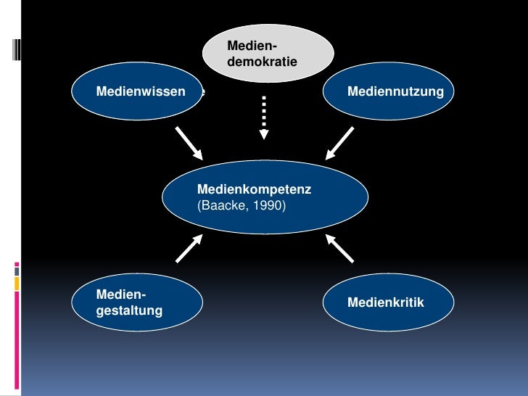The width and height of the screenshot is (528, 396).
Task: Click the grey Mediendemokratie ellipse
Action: coord(268,52)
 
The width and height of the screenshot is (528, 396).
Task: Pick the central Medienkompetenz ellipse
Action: coord(265,197)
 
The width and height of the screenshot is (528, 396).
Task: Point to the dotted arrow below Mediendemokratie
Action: coord(265,116)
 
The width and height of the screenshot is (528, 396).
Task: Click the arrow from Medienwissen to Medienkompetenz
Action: coord(189,144)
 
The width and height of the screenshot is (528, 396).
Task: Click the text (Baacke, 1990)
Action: coord(242,206)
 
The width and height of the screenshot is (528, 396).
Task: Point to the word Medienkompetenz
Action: coord(254,189)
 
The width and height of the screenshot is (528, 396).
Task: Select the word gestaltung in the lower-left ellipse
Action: coord(129,311)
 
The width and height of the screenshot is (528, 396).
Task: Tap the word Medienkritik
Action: coord(386,302)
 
